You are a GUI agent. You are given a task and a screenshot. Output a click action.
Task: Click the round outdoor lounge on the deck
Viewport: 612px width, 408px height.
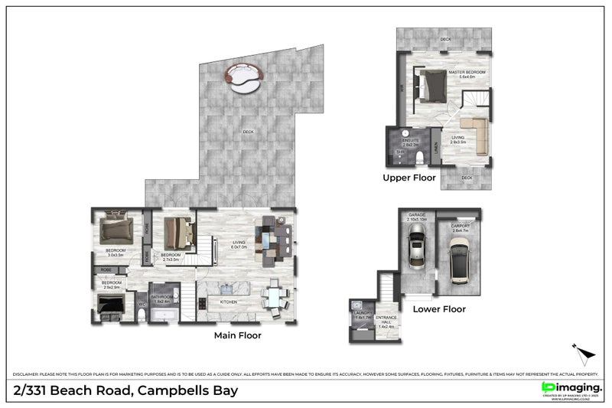tap(243, 77)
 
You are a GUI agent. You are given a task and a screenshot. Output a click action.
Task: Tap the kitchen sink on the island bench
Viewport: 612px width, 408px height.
tap(226, 289)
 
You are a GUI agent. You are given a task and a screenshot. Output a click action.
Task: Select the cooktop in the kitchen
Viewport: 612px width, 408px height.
tap(201, 303)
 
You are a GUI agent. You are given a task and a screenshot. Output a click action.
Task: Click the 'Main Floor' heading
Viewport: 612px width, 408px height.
tap(237, 335)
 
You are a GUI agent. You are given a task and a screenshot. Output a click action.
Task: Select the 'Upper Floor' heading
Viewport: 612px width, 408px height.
tap(409, 178)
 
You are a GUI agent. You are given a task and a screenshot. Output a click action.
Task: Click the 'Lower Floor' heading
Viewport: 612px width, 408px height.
tap(439, 309)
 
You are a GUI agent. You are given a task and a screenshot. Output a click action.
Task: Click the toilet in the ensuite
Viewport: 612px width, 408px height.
tap(421, 159)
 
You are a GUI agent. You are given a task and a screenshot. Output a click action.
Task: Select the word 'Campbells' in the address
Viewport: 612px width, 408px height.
tap(169, 390)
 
